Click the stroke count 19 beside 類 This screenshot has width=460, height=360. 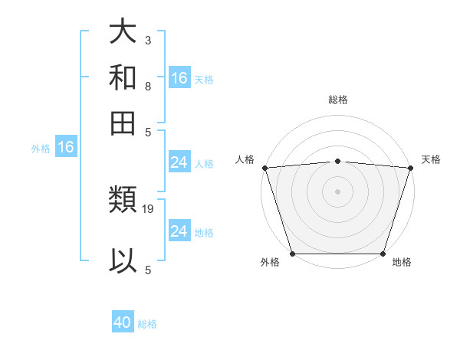pos(149,208)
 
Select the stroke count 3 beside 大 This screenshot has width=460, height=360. pos(147,40)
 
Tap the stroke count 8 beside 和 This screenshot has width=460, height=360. pos(147,86)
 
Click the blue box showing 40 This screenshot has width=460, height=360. pos(123,323)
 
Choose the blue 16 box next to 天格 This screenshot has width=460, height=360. pos(179,78)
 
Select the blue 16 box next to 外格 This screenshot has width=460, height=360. pos(66,148)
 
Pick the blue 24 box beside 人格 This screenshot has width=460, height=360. pos(179,162)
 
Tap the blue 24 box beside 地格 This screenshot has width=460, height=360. pos(179,231)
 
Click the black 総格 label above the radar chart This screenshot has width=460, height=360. pos(337,100)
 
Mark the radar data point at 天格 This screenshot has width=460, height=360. pos(410,168)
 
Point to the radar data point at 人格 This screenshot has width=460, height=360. pos(264,168)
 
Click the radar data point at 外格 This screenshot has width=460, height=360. pos(292,254)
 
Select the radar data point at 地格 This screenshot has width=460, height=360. pos(383,254)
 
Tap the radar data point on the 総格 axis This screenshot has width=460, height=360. pos(337,161)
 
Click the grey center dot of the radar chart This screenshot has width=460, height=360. pos(337,191)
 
